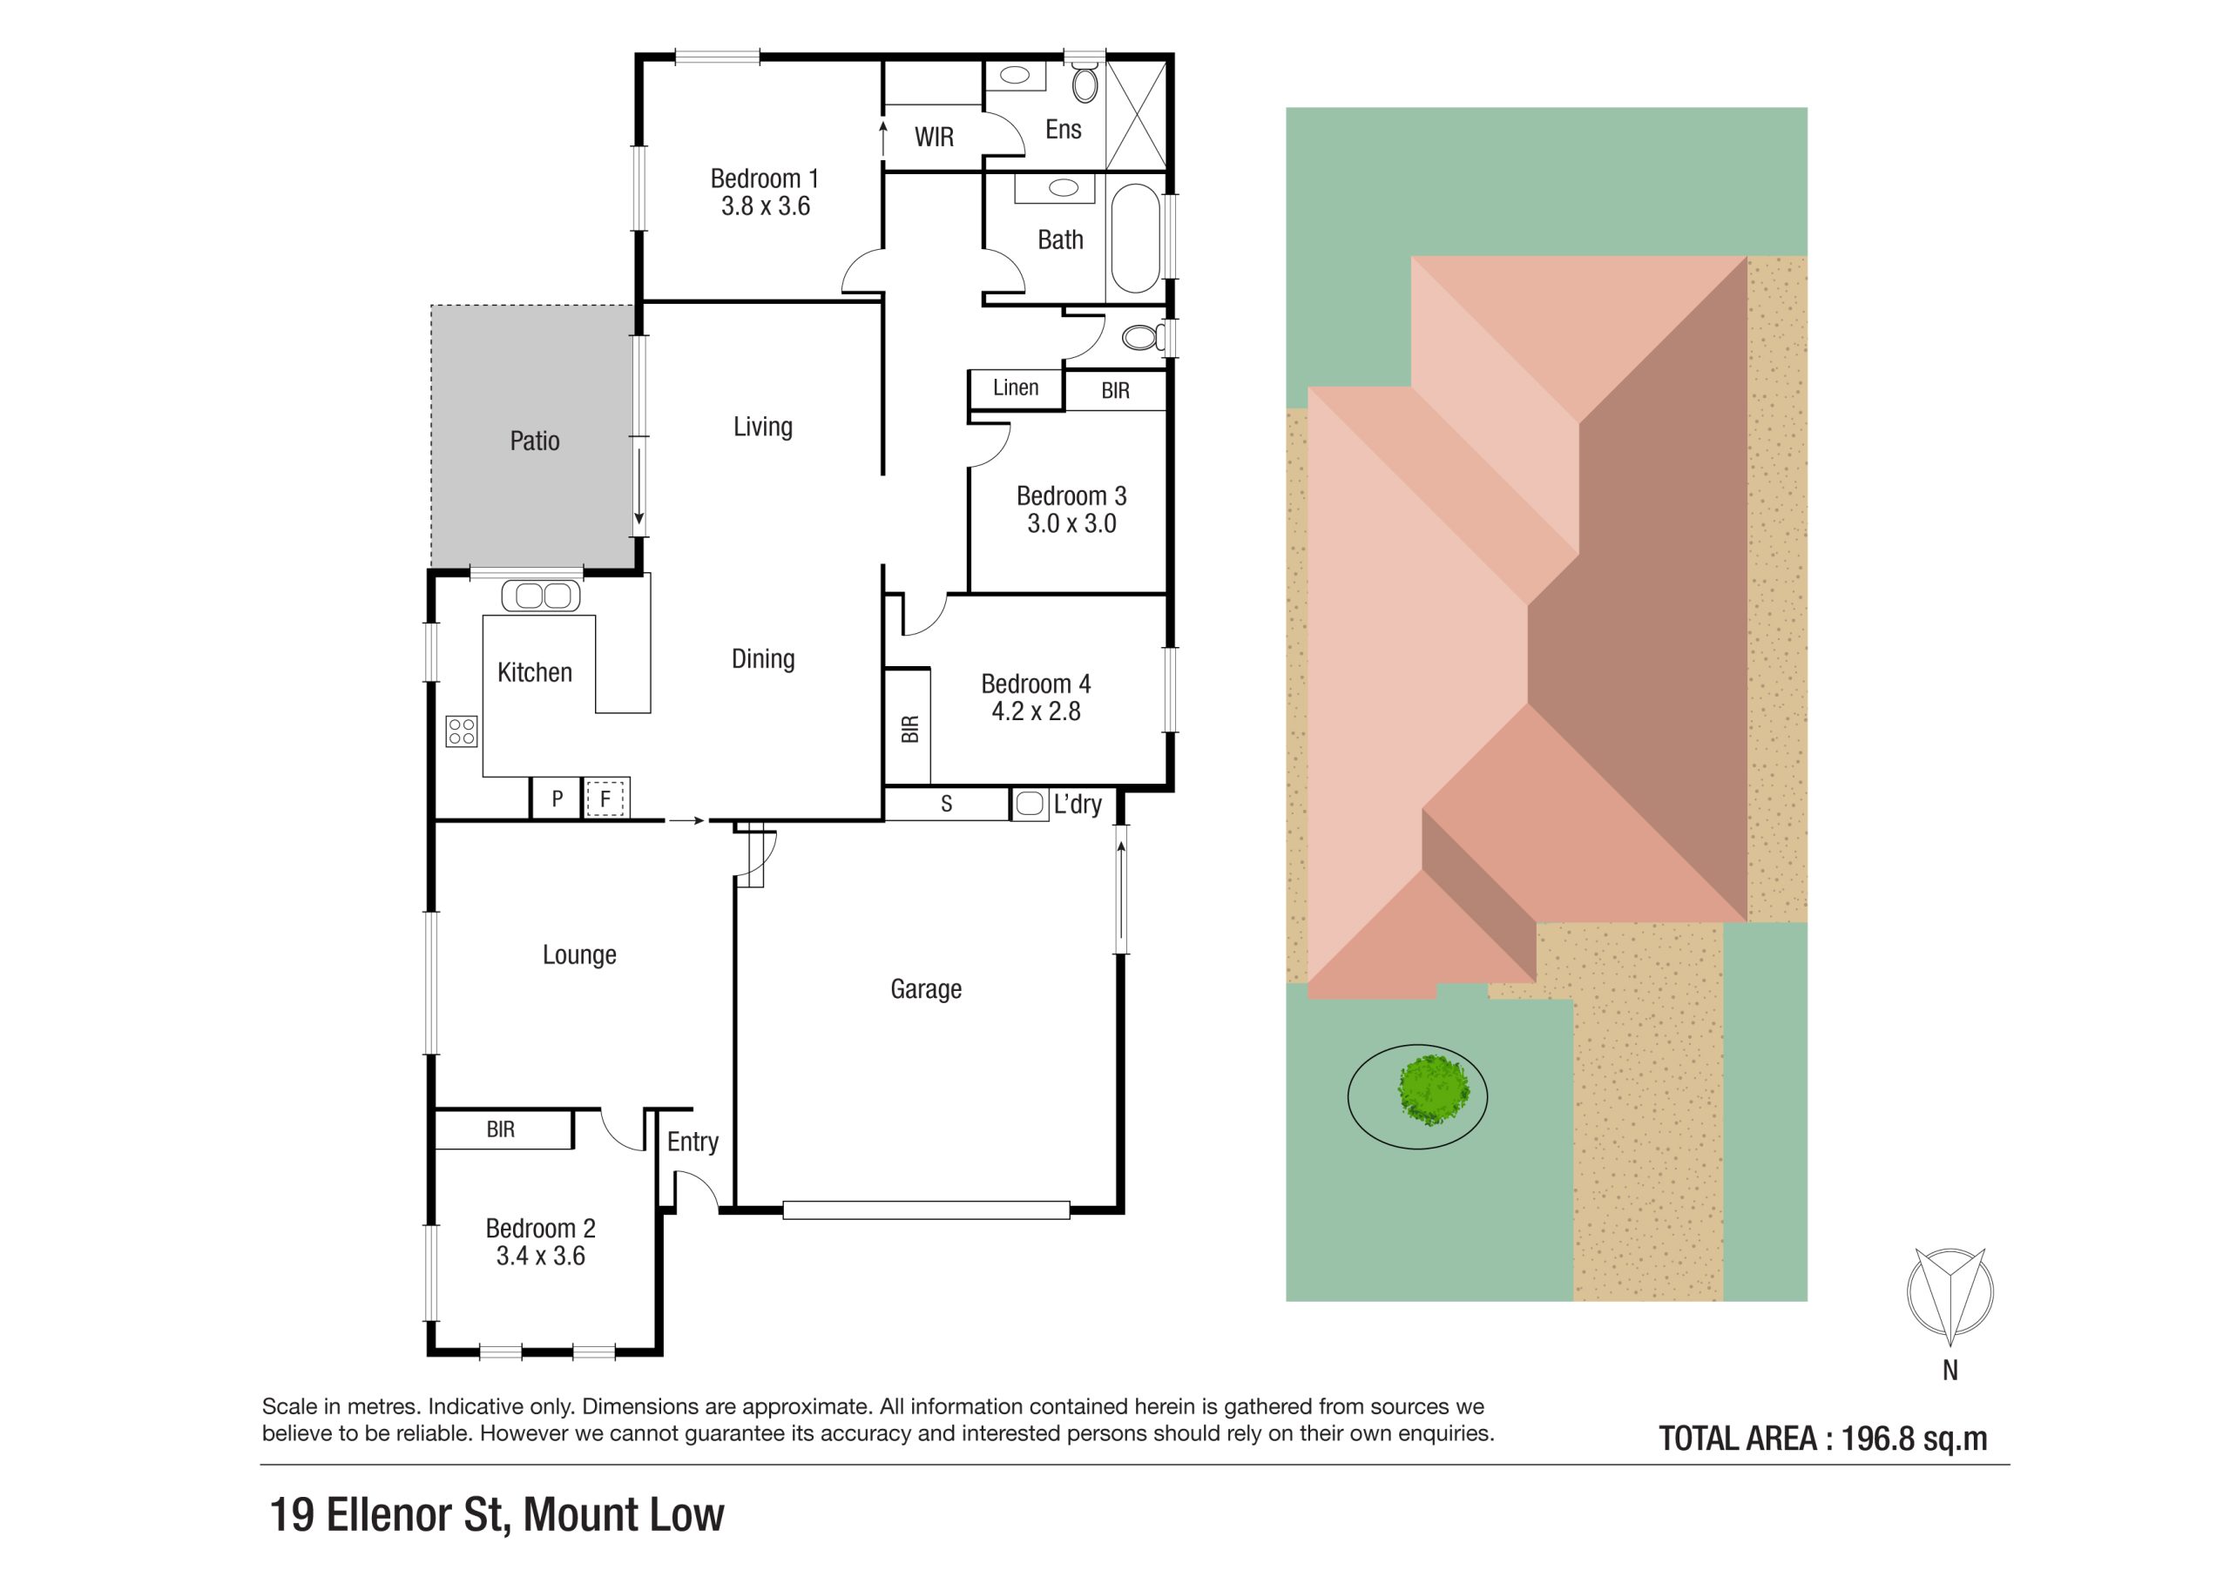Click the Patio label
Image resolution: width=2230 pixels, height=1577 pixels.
[x=534, y=441]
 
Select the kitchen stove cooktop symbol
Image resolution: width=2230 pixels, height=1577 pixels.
[x=462, y=731]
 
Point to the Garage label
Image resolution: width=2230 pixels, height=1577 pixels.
[x=926, y=989]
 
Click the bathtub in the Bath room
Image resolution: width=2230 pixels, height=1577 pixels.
[x=1135, y=238]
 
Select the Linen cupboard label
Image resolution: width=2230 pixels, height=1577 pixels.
[x=1016, y=388]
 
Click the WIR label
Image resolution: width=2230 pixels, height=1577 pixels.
[x=935, y=138]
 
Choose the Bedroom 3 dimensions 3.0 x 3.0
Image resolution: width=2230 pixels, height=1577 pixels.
[x=1072, y=524]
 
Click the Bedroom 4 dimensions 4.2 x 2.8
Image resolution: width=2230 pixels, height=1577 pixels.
[x=1037, y=711]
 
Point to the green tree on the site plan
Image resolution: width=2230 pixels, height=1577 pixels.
[x=1434, y=1090]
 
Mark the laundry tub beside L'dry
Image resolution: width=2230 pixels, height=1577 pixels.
[x=1029, y=805]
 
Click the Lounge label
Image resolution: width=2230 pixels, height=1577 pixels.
[x=580, y=955]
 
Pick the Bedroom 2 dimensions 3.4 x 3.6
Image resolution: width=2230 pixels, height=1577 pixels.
[x=541, y=1257]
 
